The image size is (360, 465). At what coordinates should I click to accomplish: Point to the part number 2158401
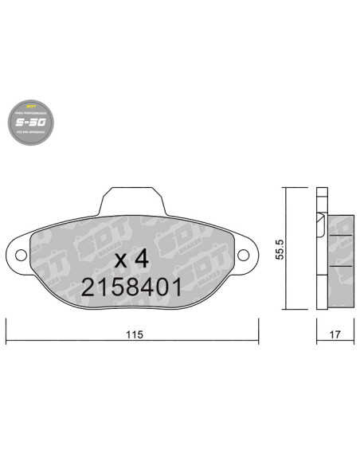coord(131,287)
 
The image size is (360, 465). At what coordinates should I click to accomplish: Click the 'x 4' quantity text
coord(131,259)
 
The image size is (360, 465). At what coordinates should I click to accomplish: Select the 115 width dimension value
coord(132,335)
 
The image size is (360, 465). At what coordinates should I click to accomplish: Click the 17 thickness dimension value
coord(335,335)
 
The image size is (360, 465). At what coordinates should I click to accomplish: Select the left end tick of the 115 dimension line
coord(6,328)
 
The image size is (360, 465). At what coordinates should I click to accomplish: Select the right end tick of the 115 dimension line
coord(258,328)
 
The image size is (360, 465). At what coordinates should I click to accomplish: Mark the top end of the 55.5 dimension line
coord(288,188)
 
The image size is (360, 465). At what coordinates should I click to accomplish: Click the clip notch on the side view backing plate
coord(320,219)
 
